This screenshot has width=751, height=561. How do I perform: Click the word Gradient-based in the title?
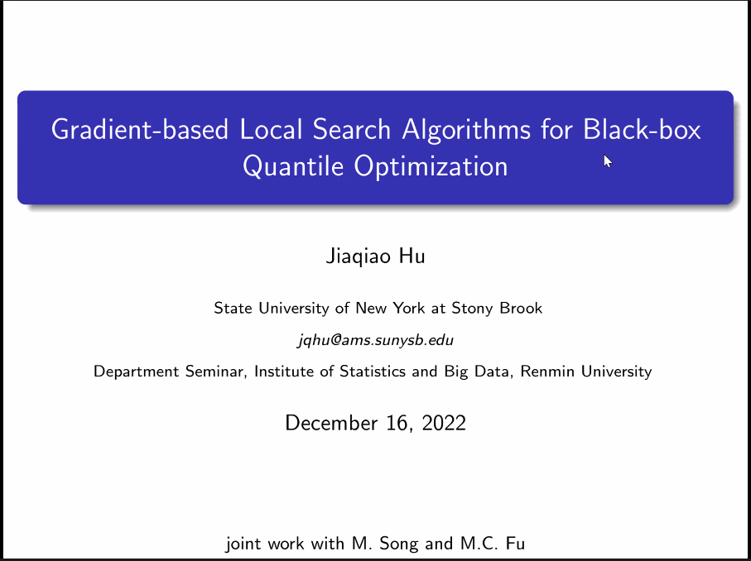pyautogui.click(x=139, y=130)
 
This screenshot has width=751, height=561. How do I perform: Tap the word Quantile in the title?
pyautogui.click(x=293, y=167)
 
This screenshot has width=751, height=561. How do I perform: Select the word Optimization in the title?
pyautogui.click(x=431, y=167)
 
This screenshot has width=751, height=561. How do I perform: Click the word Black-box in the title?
pyautogui.click(x=642, y=129)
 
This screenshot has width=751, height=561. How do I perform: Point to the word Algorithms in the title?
pyautogui.click(x=466, y=130)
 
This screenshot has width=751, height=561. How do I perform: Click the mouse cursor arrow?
pyautogui.click(x=608, y=161)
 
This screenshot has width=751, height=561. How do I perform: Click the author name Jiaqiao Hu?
pyautogui.click(x=376, y=256)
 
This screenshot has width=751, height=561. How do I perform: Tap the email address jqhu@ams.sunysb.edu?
pyautogui.click(x=376, y=340)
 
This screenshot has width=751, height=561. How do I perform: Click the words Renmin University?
pyautogui.click(x=585, y=372)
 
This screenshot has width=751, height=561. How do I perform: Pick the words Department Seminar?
pyautogui.click(x=170, y=372)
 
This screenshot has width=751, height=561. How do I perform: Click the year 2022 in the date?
pyautogui.click(x=444, y=423)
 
